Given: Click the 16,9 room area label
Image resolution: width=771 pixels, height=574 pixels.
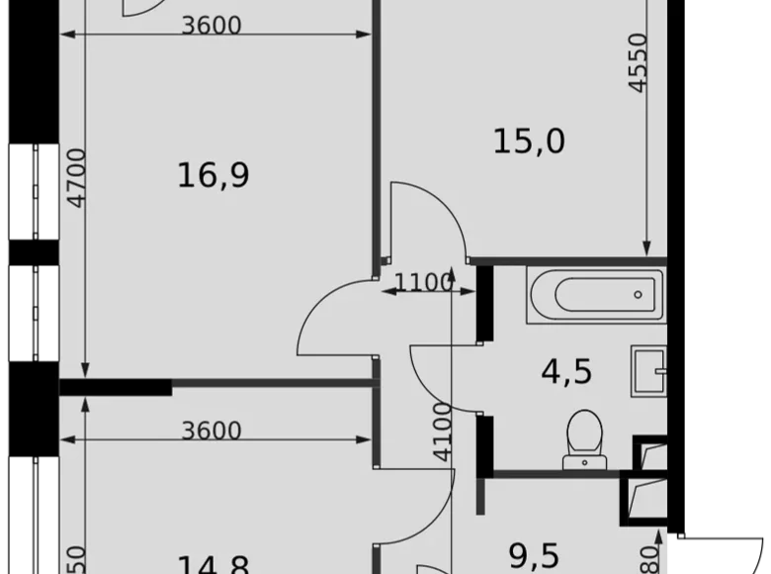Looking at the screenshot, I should (213, 176).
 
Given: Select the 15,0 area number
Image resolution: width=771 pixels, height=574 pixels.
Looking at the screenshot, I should (529, 142).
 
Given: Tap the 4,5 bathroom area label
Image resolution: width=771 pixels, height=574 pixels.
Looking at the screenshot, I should (566, 372).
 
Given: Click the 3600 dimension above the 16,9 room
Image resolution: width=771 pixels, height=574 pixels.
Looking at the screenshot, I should (212, 25).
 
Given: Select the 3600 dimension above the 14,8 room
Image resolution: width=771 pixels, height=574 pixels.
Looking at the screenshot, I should (212, 430).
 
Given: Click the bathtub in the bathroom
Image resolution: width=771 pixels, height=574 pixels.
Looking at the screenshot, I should (592, 294).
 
